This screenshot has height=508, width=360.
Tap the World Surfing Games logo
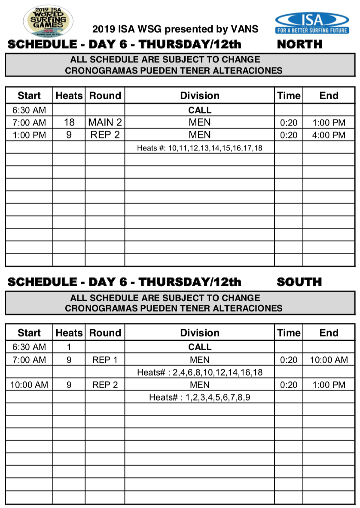coord(48,21)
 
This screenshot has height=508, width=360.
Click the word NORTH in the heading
coord(299,44)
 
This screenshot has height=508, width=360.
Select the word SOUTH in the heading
coord(299,282)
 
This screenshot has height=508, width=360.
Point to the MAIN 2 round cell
coord(105,122)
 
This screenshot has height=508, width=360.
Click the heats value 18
coord(69,122)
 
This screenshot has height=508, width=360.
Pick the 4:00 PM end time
coord(329,135)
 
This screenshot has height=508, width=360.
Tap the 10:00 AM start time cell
coord(29,385)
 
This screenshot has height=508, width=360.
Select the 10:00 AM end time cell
coord(329,360)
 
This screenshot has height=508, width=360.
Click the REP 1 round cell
coord(105,360)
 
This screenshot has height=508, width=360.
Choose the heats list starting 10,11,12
coord(200,148)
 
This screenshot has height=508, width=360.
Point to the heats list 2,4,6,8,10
coord(200,372)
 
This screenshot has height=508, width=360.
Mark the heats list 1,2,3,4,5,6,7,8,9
coord(200,398)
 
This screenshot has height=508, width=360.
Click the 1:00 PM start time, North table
coord(29,135)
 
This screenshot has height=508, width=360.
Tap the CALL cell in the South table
coord(200,347)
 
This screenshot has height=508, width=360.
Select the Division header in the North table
coord(200,96)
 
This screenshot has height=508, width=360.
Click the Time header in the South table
coord(289,333)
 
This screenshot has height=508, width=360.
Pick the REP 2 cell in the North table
coord(105,135)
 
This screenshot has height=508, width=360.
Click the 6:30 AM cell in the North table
coord(29,110)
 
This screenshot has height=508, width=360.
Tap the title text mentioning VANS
coord(175,29)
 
